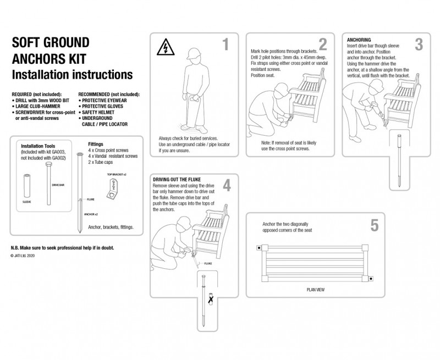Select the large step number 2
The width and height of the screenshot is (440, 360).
(322, 45)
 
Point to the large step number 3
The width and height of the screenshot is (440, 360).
(419, 45)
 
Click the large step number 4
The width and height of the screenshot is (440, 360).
(227, 185)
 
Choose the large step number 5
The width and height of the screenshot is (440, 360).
(374, 225)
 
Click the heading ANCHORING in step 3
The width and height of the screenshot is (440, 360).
(359, 40)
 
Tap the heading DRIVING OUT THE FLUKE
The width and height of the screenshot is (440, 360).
(176, 180)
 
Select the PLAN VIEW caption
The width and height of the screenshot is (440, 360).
(316, 289)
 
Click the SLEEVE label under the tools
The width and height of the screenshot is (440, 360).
(26, 202)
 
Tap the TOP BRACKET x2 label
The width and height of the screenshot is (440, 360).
(117, 174)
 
